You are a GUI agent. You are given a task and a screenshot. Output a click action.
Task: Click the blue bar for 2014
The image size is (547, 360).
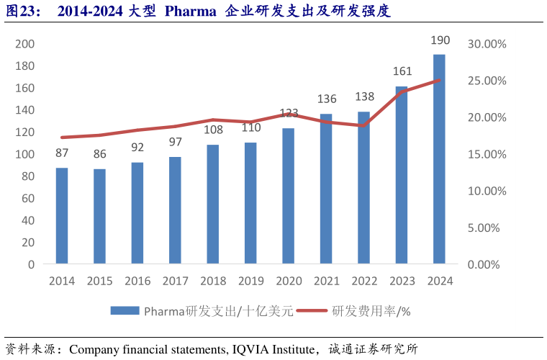tap(62, 216)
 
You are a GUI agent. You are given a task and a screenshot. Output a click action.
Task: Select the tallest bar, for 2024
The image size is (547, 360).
tap(439, 159)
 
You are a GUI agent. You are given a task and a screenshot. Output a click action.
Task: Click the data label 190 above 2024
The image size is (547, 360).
tap(440, 40)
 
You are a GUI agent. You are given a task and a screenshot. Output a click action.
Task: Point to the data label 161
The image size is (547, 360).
tap(402, 71)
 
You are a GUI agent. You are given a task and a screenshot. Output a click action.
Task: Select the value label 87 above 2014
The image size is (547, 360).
tap(62, 153)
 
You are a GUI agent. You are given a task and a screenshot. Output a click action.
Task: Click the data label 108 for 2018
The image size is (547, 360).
tap(213, 130)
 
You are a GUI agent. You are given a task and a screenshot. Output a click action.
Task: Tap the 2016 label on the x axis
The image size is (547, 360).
tap(137, 282)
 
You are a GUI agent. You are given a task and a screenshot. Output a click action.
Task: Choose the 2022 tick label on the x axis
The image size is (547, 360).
tap(363, 282)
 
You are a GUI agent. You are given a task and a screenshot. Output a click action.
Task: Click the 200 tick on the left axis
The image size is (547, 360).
tap(25, 44)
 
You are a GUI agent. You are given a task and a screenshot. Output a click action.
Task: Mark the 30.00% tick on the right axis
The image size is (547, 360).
tap(487, 44)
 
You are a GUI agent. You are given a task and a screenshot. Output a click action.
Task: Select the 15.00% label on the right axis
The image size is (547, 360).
tap(487, 154)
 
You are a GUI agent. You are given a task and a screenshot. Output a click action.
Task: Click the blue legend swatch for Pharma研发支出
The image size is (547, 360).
tap(125, 310)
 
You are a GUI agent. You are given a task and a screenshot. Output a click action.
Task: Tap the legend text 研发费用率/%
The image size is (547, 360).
tap(371, 311)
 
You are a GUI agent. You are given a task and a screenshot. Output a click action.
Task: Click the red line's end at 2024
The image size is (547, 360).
tap(439, 81)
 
